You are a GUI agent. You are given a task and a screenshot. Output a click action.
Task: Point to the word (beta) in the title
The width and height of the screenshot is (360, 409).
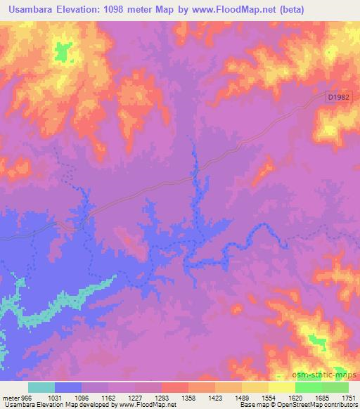[x=333, y=10]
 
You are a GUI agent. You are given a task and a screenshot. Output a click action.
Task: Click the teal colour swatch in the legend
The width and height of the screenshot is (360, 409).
[x=41, y=388]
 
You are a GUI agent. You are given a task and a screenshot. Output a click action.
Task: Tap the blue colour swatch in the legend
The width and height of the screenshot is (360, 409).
[x=68, y=388]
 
